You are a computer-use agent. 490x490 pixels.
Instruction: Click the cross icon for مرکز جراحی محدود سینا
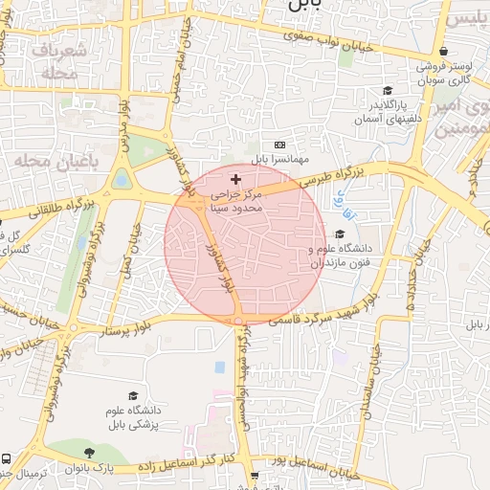coord(236,179)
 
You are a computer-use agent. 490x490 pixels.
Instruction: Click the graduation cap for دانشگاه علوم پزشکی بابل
coord(133,395)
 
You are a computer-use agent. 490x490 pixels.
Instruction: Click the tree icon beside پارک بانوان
coord(90,453)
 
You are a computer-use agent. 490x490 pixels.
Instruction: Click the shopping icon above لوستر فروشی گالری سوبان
coord(442,52)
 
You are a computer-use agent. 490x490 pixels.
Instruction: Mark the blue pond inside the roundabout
coord(122,178)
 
